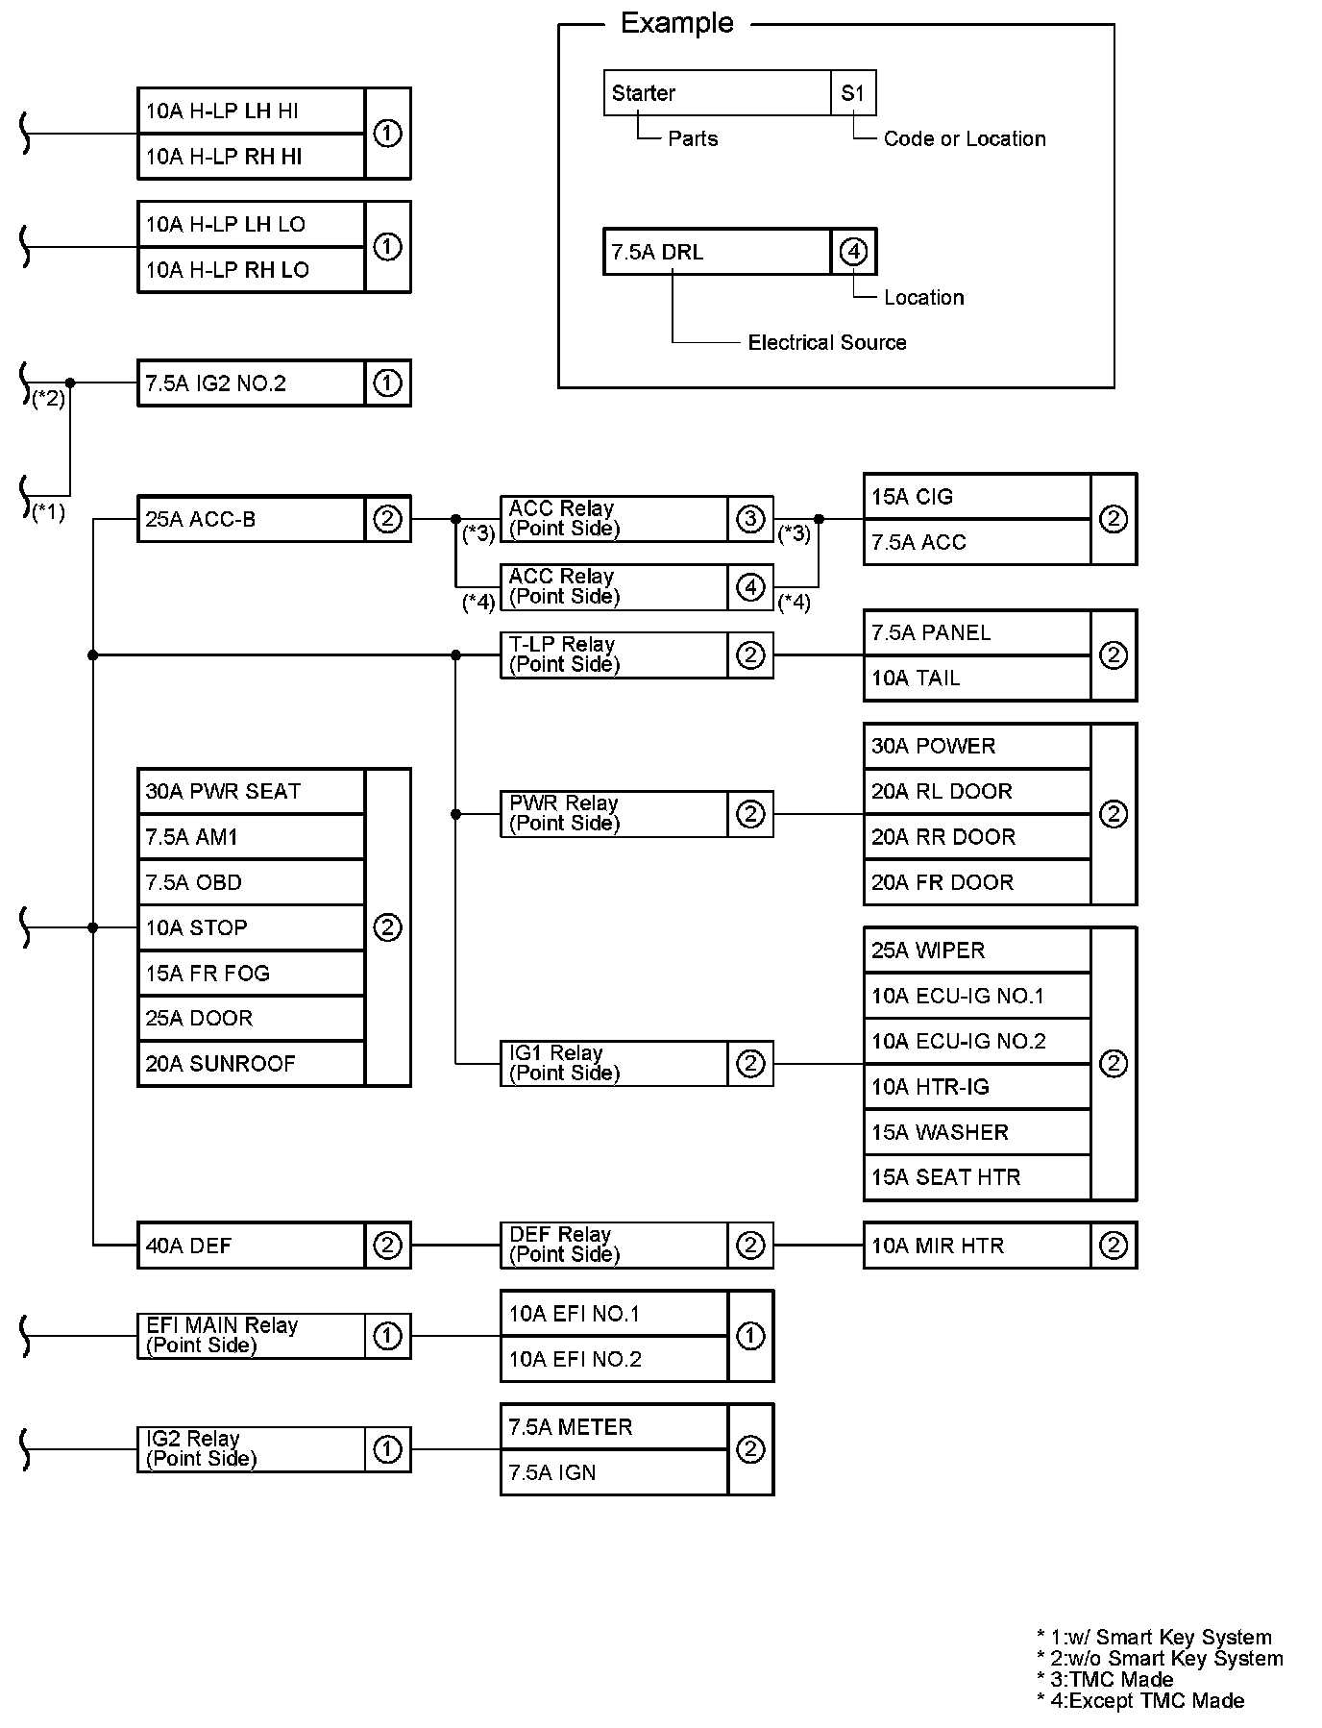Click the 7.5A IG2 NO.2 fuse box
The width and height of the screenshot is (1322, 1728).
[x=251, y=383]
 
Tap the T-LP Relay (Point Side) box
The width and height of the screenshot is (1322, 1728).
[x=614, y=654]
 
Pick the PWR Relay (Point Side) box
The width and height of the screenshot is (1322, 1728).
[x=614, y=814]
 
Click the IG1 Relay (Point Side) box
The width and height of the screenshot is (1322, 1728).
[x=614, y=1063]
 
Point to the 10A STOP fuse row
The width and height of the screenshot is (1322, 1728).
[x=251, y=927]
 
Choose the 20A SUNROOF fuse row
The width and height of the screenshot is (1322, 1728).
[x=251, y=1064]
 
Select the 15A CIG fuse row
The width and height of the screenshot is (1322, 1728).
[x=977, y=497]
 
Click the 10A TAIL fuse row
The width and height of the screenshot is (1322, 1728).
[x=977, y=679]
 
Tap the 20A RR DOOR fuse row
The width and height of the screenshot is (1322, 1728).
[x=977, y=837]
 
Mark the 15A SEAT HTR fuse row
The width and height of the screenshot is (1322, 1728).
[x=977, y=1177]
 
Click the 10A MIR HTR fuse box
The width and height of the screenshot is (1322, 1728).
[x=977, y=1246]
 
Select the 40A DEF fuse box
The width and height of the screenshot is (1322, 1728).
[x=251, y=1246]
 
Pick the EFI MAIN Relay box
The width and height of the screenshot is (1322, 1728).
[x=251, y=1336]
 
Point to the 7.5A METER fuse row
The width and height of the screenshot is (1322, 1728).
[x=614, y=1427]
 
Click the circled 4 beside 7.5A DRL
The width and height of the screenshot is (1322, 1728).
[x=853, y=252]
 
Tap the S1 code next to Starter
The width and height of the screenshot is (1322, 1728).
[x=853, y=93]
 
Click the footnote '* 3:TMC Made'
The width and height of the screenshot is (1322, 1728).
[x=1105, y=1679]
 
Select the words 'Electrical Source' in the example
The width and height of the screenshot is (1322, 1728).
[x=826, y=342]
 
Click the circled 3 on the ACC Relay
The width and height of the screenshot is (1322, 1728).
[x=750, y=519]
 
